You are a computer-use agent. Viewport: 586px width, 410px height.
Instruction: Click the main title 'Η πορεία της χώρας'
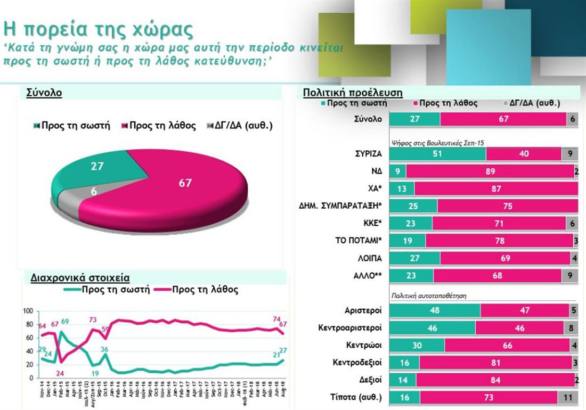click(99, 29)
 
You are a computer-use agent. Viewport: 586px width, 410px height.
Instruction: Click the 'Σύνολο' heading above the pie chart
click(44, 93)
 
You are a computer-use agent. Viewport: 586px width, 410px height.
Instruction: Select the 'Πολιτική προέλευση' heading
click(353, 93)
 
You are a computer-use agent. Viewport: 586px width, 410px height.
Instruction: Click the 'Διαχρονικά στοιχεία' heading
click(80, 277)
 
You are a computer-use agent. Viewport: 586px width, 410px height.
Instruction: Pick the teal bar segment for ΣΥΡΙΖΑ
click(437, 154)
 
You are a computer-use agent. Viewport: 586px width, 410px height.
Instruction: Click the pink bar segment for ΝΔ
click(490, 171)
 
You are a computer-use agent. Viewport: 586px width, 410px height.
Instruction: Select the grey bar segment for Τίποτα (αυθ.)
click(567, 397)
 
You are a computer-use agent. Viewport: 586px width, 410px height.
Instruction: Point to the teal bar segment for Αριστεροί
click(435, 310)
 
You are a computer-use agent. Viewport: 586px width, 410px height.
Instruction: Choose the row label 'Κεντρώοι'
click(364, 345)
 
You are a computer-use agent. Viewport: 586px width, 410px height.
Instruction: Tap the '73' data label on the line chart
click(93, 320)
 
